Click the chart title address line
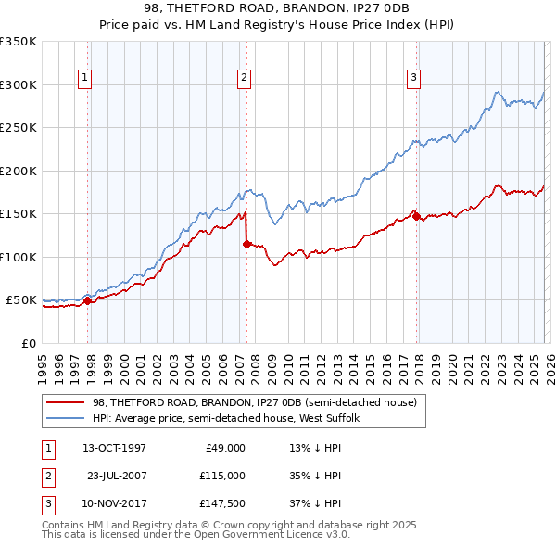click(x=277, y=8)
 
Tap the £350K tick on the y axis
click(x=19, y=42)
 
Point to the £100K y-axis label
click(x=19, y=257)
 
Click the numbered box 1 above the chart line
click(x=84, y=78)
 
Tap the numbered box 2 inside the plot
click(x=244, y=78)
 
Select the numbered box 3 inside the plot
click(x=413, y=78)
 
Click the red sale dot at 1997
click(x=87, y=300)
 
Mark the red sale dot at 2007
click(x=246, y=244)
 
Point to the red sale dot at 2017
click(x=416, y=216)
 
